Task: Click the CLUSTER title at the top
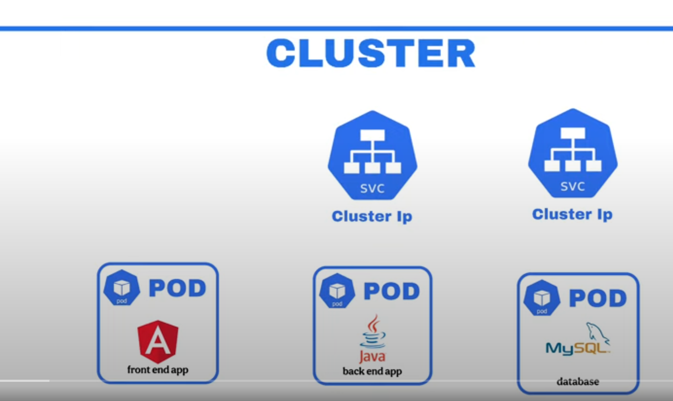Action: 371,53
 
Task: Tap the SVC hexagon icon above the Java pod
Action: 372,155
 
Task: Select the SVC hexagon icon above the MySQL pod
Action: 572,153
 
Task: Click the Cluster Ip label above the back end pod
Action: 372,216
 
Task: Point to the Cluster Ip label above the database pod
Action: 572,214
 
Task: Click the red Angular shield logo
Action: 158,341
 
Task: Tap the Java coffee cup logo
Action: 373,332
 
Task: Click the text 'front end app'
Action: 158,370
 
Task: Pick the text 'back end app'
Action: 372,371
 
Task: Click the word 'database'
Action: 578,382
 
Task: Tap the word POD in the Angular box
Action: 178,288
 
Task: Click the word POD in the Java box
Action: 392,291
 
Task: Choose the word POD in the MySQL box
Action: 598,298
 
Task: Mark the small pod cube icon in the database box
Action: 542,298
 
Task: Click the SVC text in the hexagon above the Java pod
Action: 372,189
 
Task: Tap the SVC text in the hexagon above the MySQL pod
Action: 572,187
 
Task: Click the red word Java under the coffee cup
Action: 372,356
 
